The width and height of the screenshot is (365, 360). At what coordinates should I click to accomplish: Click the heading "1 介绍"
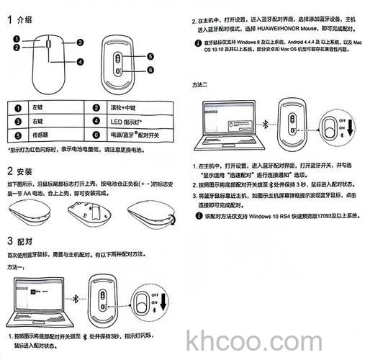pos(20,20)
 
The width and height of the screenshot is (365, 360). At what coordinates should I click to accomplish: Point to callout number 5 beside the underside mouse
pos(151,57)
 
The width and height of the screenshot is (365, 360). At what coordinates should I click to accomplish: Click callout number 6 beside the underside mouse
pos(151,70)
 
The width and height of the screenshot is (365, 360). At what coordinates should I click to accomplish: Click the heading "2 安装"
pos(20,171)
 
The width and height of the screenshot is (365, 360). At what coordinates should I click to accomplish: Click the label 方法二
pos(201,85)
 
